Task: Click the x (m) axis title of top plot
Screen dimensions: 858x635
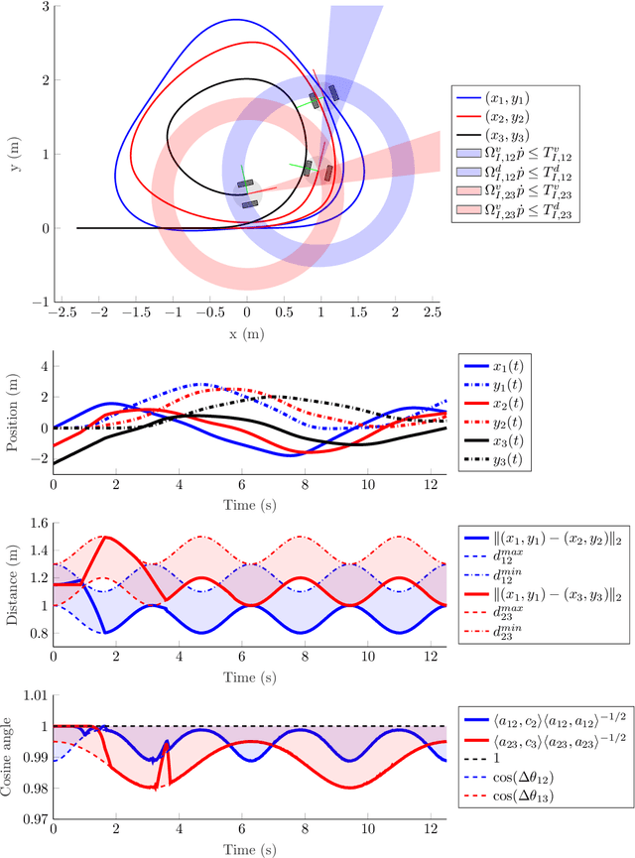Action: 247,334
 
